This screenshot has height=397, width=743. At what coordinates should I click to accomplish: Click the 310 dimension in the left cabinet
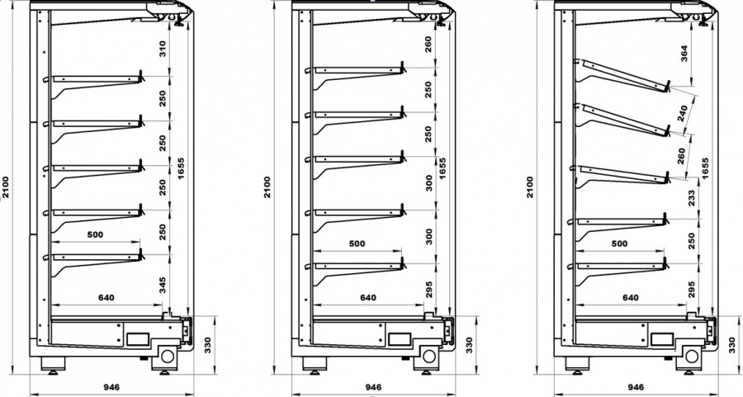pyautogui.click(x=162, y=50)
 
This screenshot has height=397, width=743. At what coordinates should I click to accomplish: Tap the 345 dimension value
pyautogui.click(x=163, y=286)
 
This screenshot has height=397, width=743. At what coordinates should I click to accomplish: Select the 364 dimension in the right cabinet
pyautogui.click(x=684, y=54)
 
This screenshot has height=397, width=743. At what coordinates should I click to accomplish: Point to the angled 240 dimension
pyautogui.click(x=683, y=114)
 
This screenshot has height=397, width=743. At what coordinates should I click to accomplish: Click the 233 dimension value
pyautogui.click(x=691, y=197)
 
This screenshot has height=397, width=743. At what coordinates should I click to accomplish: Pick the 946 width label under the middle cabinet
pyautogui.click(x=373, y=388)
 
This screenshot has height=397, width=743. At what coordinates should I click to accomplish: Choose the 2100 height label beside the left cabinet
pyautogui.click(x=5, y=187)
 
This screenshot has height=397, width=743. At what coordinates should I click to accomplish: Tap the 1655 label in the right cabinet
pyautogui.click(x=705, y=168)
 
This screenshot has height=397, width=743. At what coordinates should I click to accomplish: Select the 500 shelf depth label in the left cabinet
pyautogui.click(x=95, y=234)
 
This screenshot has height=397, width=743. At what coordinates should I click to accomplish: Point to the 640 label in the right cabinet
pyautogui.click(x=630, y=297)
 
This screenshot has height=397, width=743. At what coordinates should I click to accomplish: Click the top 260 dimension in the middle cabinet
pyautogui.click(x=428, y=45)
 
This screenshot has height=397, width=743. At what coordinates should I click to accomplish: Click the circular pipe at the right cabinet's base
pyautogui.click(x=691, y=356)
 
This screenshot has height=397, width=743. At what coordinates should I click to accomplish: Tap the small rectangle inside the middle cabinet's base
pyautogui.click(x=400, y=338)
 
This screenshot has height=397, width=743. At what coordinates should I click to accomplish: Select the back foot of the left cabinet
pyautogui.click(x=53, y=365)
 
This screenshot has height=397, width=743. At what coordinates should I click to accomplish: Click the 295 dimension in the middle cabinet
pyautogui.click(x=428, y=290)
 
